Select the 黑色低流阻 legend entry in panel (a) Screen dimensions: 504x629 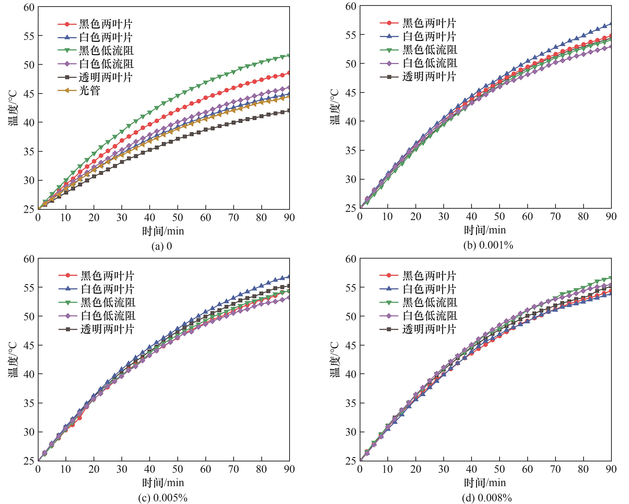point(106,50)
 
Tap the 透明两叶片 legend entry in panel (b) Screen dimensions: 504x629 point(429,77)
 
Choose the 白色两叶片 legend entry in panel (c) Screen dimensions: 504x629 point(107,289)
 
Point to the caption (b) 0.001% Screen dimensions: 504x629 point(488,245)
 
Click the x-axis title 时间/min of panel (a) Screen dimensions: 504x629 point(163,231)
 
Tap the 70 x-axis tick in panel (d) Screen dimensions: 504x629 point(556,469)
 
